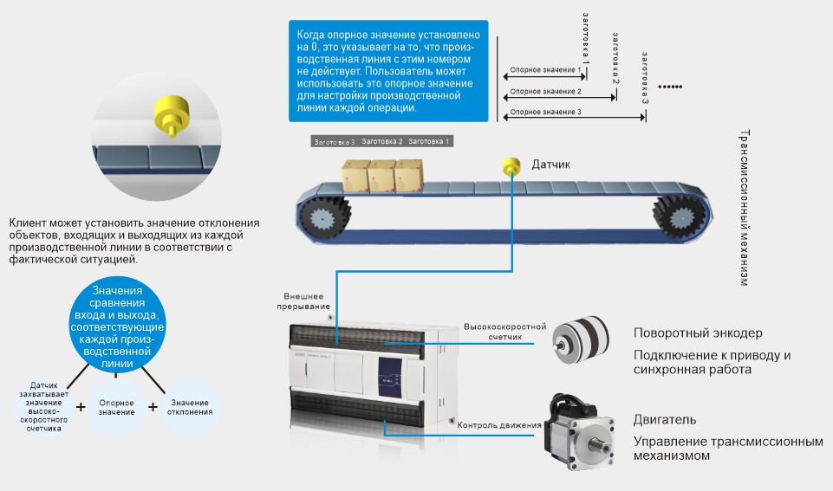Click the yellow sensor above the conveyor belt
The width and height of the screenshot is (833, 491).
[511, 165]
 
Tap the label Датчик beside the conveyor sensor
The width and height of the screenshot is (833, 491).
[550, 165]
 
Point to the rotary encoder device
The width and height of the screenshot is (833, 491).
[580, 339]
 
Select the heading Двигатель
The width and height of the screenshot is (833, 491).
[665, 420]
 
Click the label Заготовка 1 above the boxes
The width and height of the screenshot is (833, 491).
[429, 142]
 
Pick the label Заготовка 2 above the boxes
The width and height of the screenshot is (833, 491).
[382, 142]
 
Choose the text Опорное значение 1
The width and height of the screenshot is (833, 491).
[545, 69]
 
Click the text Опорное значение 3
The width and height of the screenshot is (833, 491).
[545, 112]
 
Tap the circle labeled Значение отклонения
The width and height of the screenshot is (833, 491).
[190, 407]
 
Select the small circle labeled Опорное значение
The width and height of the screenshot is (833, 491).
[116, 407]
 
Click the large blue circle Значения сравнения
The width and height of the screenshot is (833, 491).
[117, 325]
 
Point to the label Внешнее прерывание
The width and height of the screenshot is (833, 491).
[303, 301]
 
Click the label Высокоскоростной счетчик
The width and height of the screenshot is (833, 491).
[504, 332]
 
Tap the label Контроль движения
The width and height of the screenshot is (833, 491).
[499, 425]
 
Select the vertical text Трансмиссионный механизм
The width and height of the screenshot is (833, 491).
[745, 208]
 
